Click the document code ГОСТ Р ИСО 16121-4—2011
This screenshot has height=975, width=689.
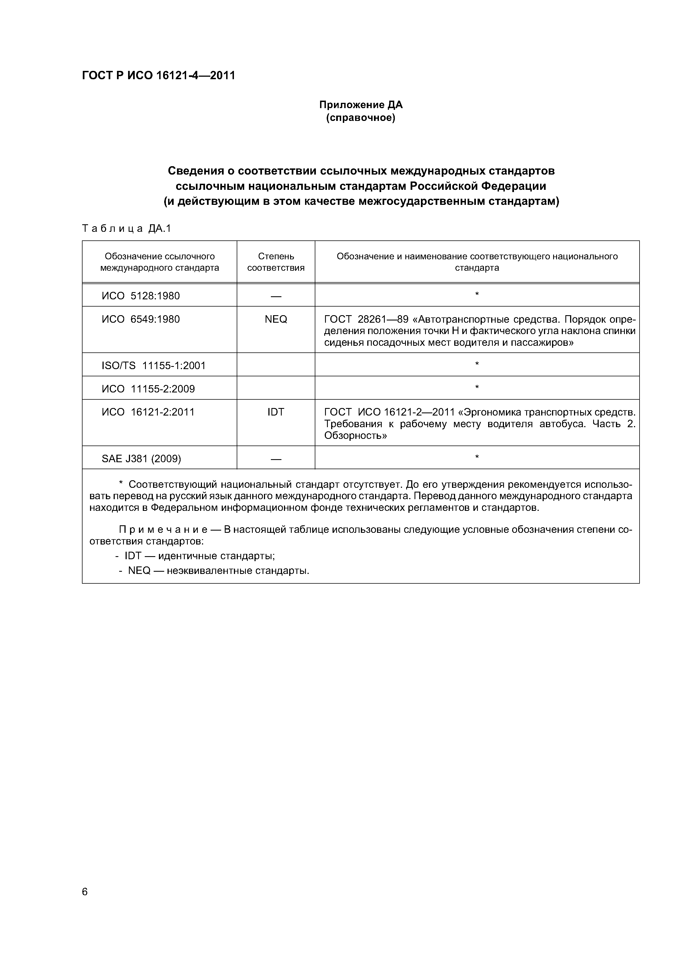158,76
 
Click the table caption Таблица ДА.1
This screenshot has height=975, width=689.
126,229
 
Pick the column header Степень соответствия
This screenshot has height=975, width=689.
276,262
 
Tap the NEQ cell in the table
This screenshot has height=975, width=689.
276,319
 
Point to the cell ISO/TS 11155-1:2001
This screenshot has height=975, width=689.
153,366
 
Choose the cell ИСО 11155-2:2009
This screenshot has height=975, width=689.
148,389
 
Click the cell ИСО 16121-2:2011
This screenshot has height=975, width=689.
148,412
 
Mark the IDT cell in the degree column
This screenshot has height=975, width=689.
276,412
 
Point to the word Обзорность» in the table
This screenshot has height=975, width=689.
355,436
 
